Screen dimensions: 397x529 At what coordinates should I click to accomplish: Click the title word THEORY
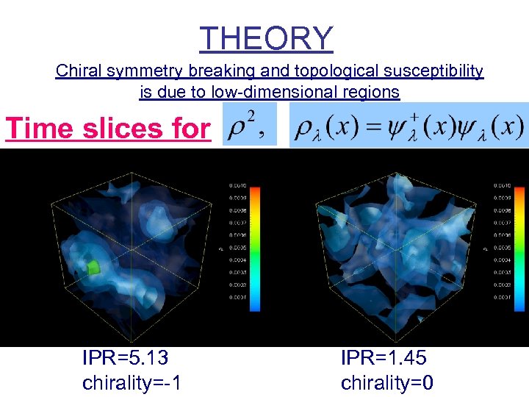click(266, 37)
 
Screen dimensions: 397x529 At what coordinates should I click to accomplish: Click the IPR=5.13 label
click(126, 358)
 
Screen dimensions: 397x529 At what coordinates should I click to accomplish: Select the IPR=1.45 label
click(384, 358)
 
